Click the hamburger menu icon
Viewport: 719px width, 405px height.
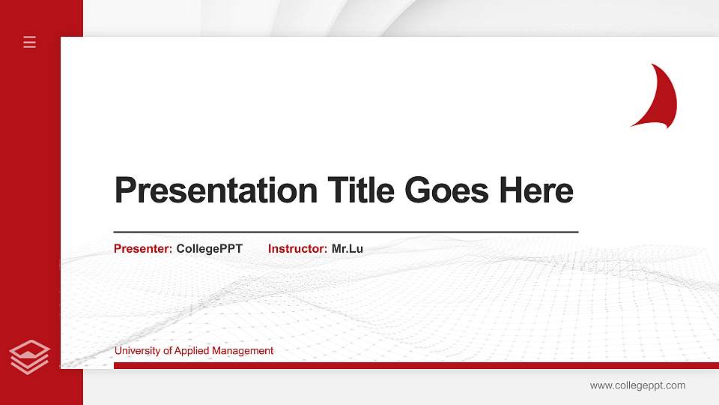pos(30,42)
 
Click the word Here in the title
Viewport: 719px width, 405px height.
pos(536,190)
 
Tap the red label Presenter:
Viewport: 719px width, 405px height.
pos(143,248)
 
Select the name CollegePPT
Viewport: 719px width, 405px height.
pos(210,248)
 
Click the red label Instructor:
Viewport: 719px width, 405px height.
pos(297,248)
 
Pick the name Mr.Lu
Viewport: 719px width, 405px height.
pos(348,248)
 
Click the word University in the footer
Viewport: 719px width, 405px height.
pos(137,350)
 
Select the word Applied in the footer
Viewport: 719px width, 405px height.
pos(192,350)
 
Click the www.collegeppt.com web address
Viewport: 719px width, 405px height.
pos(637,385)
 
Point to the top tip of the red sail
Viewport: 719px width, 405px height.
pos(653,64)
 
